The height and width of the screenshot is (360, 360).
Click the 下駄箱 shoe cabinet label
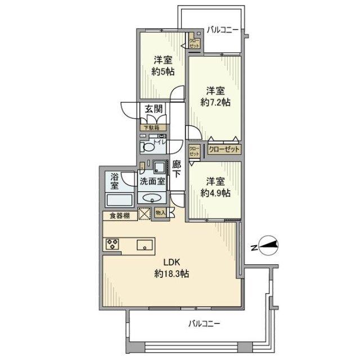[151, 128]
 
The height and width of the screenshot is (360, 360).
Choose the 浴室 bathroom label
[115, 181]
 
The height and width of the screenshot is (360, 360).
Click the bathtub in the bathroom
[118, 200]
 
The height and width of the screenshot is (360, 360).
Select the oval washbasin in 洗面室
[151, 197]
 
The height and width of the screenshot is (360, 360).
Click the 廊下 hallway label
[176, 169]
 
